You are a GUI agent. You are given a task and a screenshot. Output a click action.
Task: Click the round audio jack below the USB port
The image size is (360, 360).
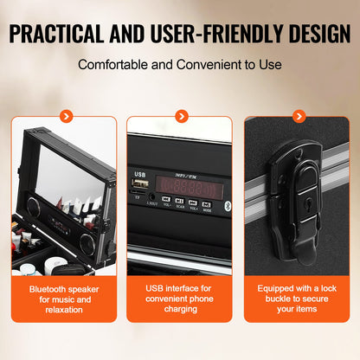[x=152, y=199]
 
